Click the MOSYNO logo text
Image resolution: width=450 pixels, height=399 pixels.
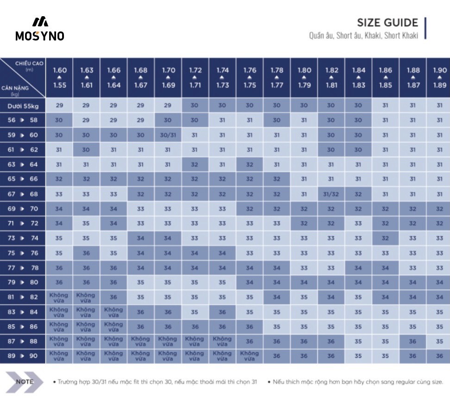(x=40, y=36)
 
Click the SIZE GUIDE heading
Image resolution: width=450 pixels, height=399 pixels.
(x=387, y=23)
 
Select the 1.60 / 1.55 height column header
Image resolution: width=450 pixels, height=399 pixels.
(x=60, y=78)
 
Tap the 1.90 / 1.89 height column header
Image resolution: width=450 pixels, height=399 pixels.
(x=439, y=78)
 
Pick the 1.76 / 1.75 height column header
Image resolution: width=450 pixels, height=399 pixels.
(x=250, y=78)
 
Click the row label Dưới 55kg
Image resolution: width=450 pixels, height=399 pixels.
(x=23, y=106)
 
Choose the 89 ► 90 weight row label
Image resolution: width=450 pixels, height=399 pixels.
(x=23, y=356)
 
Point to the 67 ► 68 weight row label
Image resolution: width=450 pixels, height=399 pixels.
(x=23, y=194)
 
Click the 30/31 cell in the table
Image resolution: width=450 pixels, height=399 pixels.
(x=168, y=135)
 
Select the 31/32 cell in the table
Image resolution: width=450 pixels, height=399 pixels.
(x=331, y=194)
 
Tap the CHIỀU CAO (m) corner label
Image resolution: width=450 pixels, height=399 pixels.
(x=30, y=65)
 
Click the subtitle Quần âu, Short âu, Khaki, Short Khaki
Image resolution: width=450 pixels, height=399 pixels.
(x=364, y=36)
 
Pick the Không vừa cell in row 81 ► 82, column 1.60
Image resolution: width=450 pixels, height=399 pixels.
(x=59, y=297)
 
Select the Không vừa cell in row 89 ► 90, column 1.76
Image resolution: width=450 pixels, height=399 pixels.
(x=250, y=356)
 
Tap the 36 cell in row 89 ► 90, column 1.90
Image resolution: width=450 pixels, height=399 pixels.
(x=439, y=356)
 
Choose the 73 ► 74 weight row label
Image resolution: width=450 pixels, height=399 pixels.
(x=23, y=238)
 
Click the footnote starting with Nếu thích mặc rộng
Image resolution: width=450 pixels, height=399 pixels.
(x=356, y=382)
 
